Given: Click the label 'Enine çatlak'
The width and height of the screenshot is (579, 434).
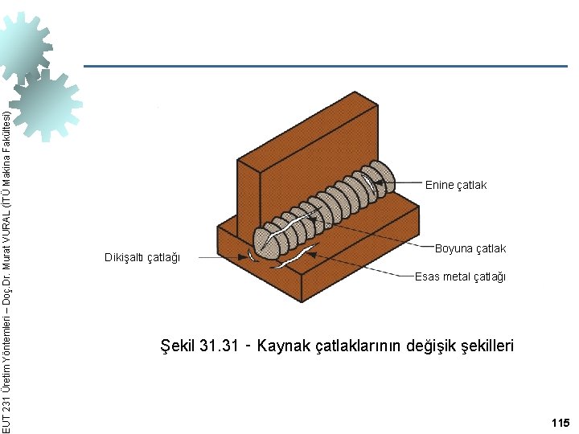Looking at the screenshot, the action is pyautogui.click(x=455, y=186).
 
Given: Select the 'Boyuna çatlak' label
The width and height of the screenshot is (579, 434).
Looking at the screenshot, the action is pyautogui.click(x=470, y=248).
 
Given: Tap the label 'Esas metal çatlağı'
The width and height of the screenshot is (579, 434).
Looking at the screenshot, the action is pyautogui.click(x=460, y=277).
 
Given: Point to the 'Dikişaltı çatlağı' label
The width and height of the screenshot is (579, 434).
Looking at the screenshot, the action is pyautogui.click(x=142, y=257).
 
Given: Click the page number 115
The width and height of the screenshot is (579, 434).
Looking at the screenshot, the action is pyautogui.click(x=560, y=423).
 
